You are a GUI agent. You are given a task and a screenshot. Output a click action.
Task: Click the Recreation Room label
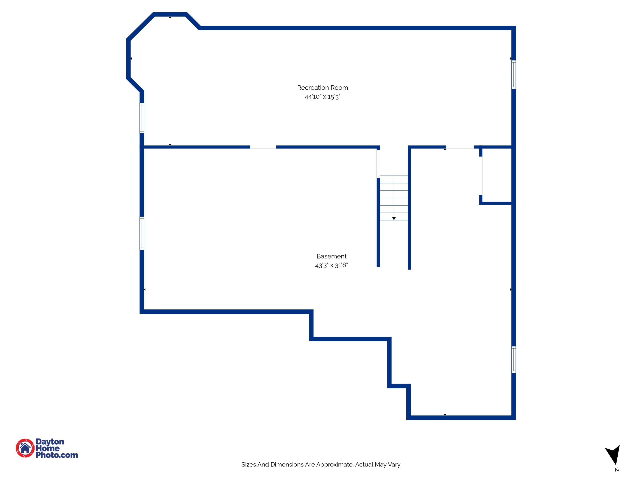tap(322, 88)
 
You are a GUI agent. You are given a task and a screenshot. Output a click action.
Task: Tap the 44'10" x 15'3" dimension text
tap(322, 97)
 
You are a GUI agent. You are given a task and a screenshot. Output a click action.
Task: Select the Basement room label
tap(331, 256)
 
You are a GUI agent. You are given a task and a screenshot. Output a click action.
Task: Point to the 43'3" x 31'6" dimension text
tap(331, 265)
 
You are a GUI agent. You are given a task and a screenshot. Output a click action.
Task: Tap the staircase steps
tap(394, 198)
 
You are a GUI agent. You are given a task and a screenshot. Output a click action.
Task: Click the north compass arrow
tap(614, 455)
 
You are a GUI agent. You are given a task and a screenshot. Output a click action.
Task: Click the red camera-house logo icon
tap(25, 448)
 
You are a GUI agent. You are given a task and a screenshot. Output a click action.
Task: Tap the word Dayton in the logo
tap(50, 442)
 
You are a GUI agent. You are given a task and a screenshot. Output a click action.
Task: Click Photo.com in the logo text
tap(57, 455)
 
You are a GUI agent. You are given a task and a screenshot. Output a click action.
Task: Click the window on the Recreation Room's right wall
tap(513, 75)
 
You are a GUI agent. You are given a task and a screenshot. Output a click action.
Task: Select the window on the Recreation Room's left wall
tap(142, 118)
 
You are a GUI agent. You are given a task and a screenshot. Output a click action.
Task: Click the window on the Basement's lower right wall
tap(513, 360)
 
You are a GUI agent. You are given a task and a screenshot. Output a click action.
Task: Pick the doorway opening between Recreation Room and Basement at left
tap(263, 147)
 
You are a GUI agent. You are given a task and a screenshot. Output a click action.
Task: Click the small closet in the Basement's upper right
tap(497, 176)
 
